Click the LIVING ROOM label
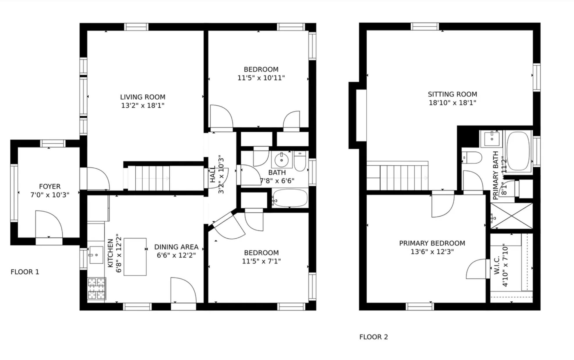click(143, 97)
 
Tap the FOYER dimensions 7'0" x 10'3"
click(50, 195)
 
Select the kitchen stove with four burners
click(97, 289)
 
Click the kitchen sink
click(96, 255)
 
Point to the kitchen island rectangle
click(135, 257)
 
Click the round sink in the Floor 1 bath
click(281, 159)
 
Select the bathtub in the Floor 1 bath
click(290, 198)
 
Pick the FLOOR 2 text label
click(374, 337)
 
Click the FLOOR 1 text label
click(25, 272)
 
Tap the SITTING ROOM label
click(452, 94)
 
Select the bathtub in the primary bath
click(518, 151)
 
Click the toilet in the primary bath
click(472, 158)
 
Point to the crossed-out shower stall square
click(512, 216)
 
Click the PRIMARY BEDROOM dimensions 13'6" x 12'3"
click(432, 251)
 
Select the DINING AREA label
click(176, 247)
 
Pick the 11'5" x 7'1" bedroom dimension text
click(261, 261)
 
